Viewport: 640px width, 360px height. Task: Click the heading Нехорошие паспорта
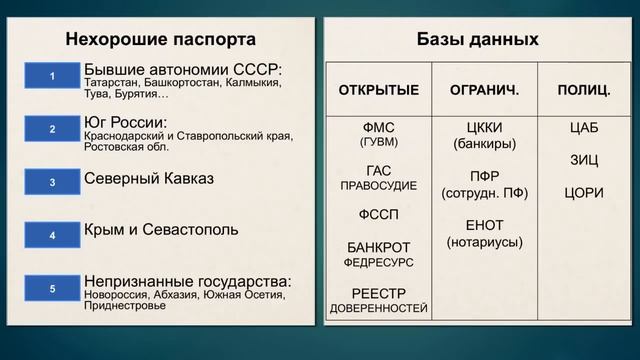pyautogui.click(x=160, y=40)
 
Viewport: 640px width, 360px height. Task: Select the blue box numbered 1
pyautogui.click(x=52, y=76)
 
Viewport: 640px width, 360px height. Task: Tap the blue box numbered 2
pyautogui.click(x=52, y=130)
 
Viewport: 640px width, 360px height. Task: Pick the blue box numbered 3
pyautogui.click(x=52, y=182)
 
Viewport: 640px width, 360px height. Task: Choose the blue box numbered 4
pyautogui.click(x=52, y=234)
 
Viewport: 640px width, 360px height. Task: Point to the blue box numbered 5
pyautogui.click(x=52, y=289)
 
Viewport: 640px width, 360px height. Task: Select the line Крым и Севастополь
pyautogui.click(x=161, y=230)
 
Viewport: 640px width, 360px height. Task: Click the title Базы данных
pyautogui.click(x=477, y=40)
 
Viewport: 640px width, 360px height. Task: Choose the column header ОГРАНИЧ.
pyautogui.click(x=485, y=90)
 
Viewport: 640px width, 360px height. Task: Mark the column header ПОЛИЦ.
pyautogui.click(x=584, y=90)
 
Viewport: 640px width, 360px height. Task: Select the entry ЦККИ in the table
pyautogui.click(x=485, y=128)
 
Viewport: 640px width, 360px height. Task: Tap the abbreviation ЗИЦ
pyautogui.click(x=584, y=160)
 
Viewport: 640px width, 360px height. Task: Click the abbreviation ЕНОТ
pyautogui.click(x=485, y=225)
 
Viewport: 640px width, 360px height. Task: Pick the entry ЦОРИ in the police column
pyautogui.click(x=584, y=192)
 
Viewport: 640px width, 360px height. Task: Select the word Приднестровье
pyautogui.click(x=125, y=306)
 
